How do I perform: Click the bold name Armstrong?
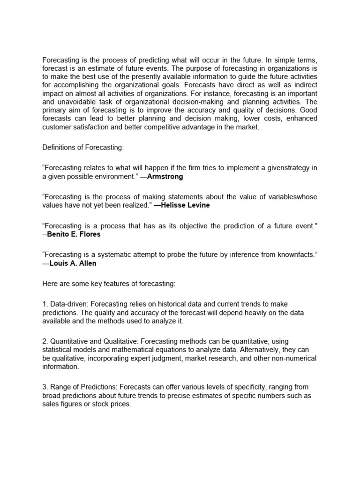165,177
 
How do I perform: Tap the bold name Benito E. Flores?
74,234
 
